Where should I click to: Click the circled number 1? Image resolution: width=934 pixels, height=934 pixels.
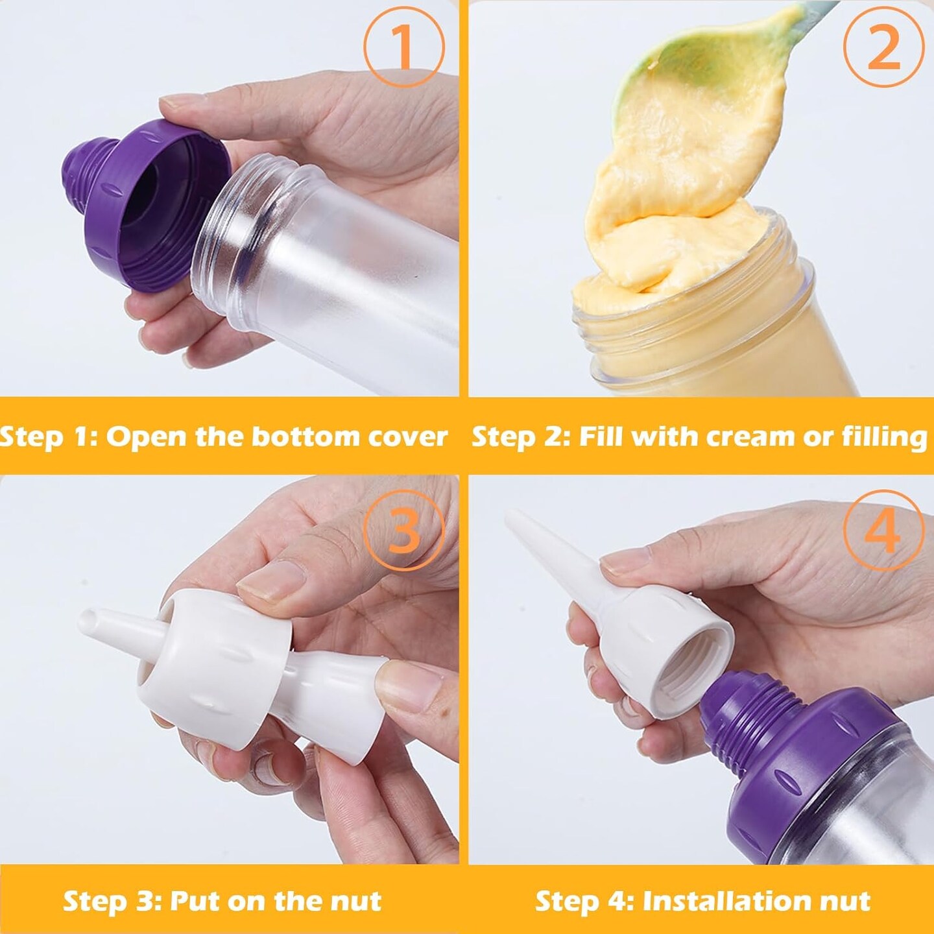tap(403, 47)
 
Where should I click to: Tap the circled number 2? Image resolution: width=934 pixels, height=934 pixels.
tap(883, 47)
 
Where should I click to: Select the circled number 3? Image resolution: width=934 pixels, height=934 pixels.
tap(403, 530)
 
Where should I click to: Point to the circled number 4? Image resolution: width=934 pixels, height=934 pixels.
tap(883, 530)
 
